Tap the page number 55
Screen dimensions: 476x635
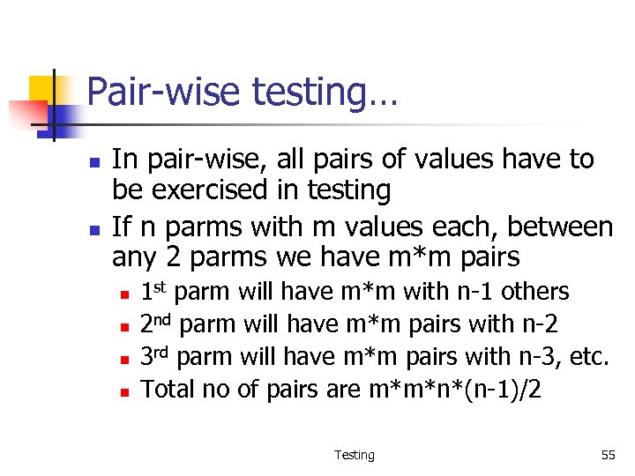click(608, 455)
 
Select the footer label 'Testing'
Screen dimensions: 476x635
click(354, 455)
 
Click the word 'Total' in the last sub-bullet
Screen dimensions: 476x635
click(166, 389)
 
